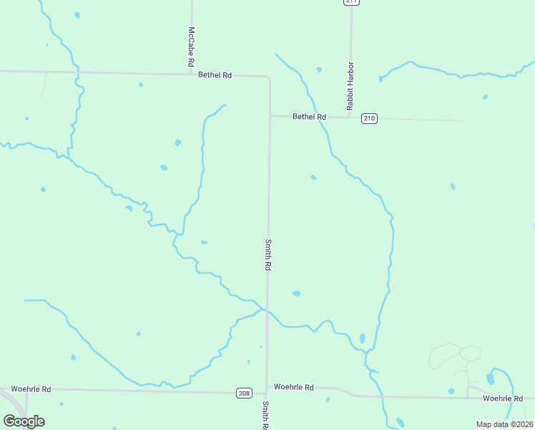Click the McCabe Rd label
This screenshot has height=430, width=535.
pos(192,47)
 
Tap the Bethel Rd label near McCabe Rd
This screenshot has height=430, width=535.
pos(215,75)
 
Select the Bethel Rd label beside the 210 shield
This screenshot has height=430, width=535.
pos(309,117)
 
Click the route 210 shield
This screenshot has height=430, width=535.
pos(369,118)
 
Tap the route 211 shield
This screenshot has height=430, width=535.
pos(350,1)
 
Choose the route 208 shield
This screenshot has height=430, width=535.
pos(244,393)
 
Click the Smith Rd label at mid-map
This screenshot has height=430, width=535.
pos(268,254)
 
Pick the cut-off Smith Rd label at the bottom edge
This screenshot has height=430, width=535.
pos(265,416)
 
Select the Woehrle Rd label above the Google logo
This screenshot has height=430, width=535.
pos(31,389)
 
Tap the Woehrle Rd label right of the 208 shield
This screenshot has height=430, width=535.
pos(294,387)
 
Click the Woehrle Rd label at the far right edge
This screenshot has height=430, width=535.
pos(503,398)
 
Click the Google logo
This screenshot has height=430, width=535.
pos(24,421)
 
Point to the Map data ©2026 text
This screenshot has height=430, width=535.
pos(504,424)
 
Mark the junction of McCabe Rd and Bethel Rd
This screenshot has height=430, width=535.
pos(192,73)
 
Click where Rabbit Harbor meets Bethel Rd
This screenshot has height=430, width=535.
pos(349,117)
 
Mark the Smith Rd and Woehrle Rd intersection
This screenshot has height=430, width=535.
pos(267,391)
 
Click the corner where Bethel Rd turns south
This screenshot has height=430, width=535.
pos(270,77)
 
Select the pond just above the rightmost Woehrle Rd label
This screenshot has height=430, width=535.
pos(490,378)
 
